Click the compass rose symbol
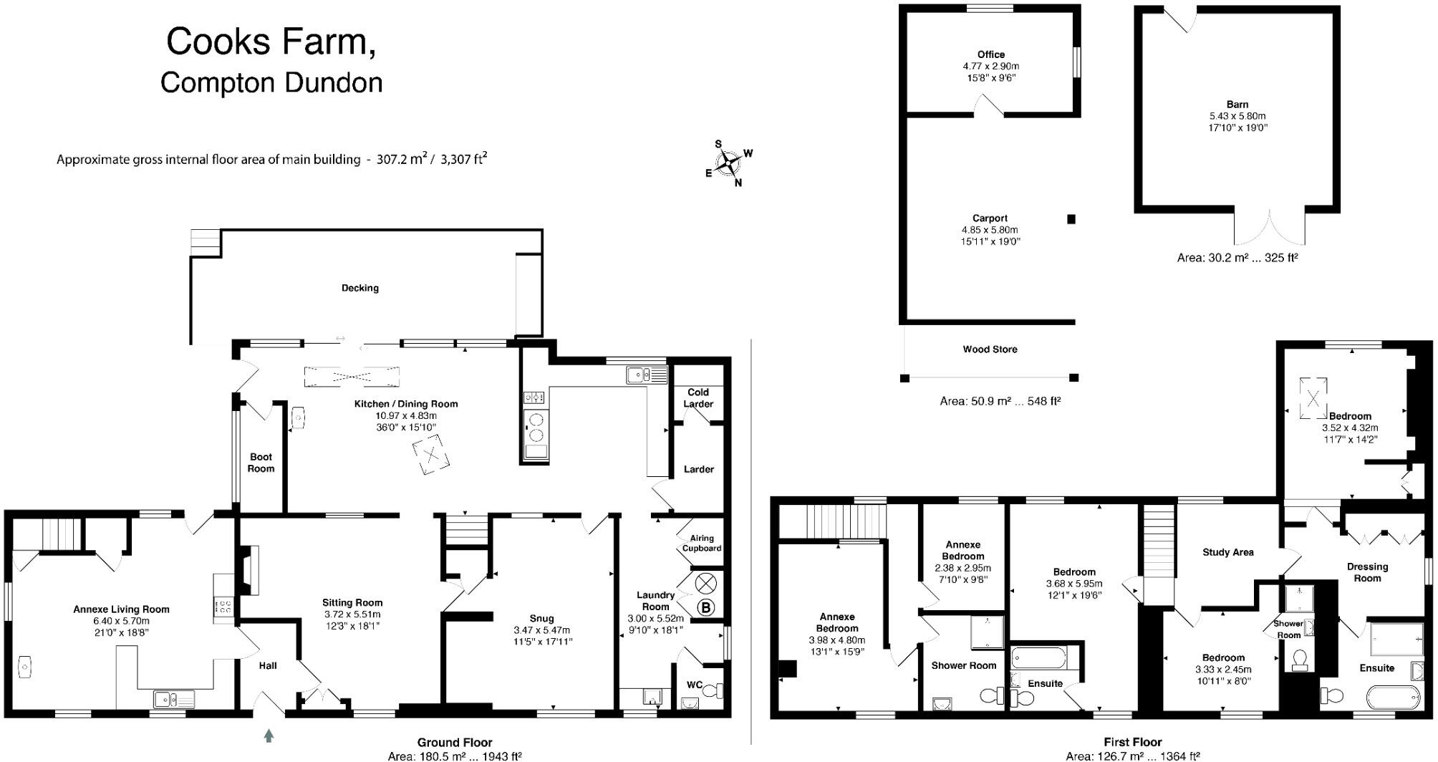(728, 163)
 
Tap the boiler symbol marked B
(706, 608)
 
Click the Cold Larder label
(698, 398)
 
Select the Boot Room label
(261, 463)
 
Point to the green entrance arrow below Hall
(269, 735)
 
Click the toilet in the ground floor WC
(712, 691)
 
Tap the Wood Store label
(990, 349)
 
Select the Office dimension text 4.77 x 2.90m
(990, 66)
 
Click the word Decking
(359, 288)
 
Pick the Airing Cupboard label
(701, 543)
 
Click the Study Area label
(1227, 552)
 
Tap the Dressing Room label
(1367, 572)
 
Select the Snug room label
(541, 618)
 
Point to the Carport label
(990, 218)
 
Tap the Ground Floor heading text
(455, 743)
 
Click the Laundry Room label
(655, 600)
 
